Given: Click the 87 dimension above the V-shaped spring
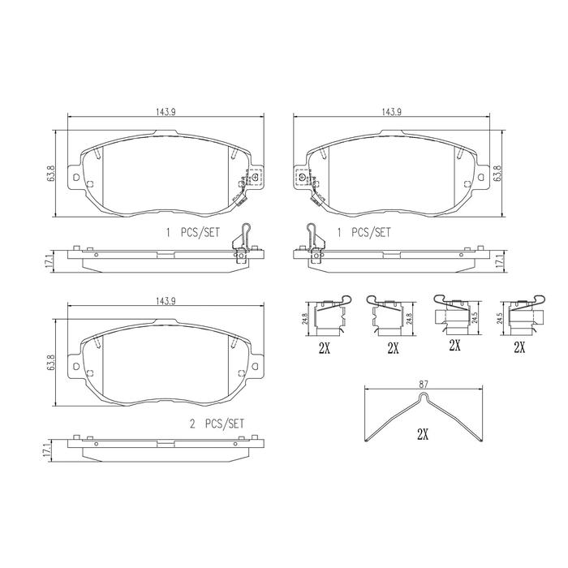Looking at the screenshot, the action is [x=423, y=384].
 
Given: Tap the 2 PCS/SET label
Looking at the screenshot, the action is [x=217, y=424].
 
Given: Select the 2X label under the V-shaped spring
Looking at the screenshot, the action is [x=423, y=434].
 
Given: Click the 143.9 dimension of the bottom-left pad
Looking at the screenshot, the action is [x=166, y=301].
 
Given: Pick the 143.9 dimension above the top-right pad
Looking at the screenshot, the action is [x=391, y=112].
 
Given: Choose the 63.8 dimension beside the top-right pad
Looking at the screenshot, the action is [x=497, y=174].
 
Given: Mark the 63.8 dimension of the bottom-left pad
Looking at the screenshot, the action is [x=50, y=362].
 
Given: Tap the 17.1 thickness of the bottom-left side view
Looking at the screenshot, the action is [x=46, y=450].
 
